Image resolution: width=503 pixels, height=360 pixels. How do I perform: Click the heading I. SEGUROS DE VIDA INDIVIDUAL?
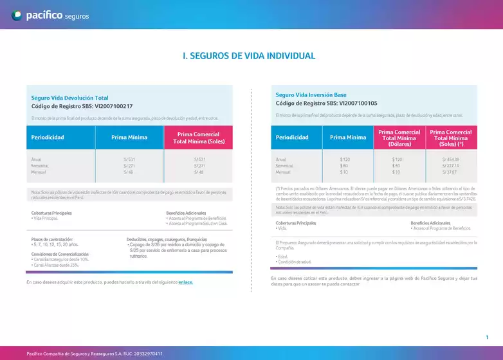click(x=249, y=56)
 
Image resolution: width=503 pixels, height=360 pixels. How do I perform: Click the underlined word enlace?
click(x=185, y=282)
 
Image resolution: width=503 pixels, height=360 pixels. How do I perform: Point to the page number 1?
click(x=487, y=337)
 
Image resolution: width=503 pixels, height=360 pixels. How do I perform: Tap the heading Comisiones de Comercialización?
click(x=60, y=254)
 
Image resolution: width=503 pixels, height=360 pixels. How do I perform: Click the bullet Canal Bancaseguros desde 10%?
click(x=60, y=259)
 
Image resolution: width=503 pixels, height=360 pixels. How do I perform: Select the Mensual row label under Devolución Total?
click(x=40, y=172)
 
